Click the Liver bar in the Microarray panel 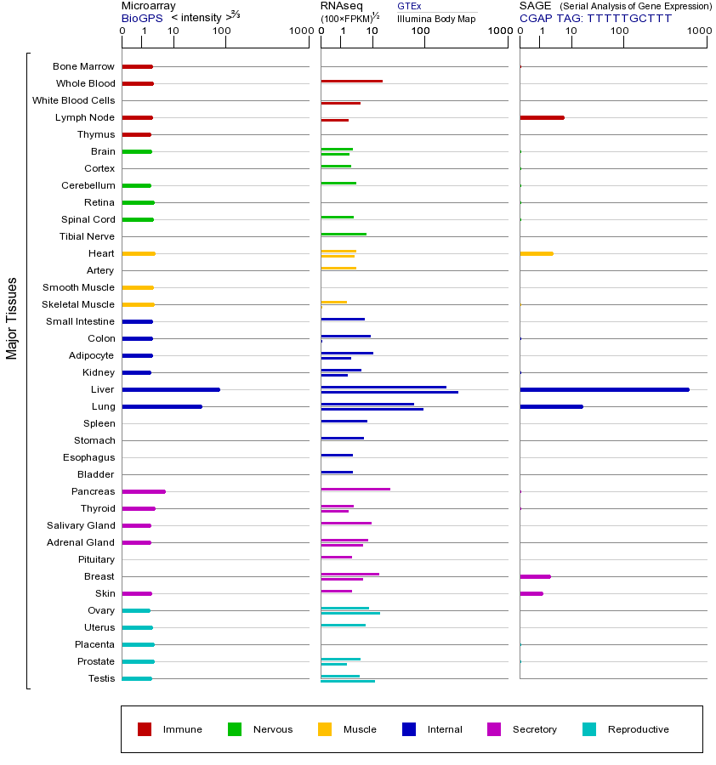[x=171, y=389]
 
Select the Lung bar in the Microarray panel [x=162, y=406]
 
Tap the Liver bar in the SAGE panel [x=604, y=389]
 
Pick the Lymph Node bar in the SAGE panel [x=542, y=117]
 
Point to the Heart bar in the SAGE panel [x=536, y=253]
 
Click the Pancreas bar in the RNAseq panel [x=355, y=489]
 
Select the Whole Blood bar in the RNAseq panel [x=351, y=81]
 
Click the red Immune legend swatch [x=145, y=729]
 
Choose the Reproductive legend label [x=638, y=729]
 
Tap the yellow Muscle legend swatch [x=325, y=729]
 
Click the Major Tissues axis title [x=12, y=318]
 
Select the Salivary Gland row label [x=81, y=525]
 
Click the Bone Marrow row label [x=83, y=66]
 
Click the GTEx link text [x=409, y=6]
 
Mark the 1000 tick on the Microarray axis [x=300, y=31]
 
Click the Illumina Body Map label [x=436, y=18]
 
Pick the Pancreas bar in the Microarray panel [x=144, y=491]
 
